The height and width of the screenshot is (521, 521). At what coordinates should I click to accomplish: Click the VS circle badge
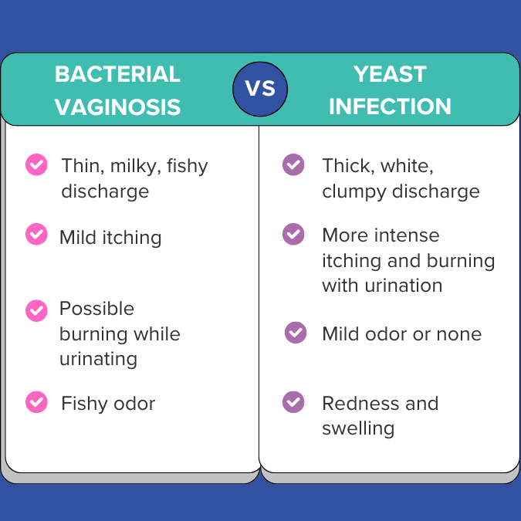click(260, 89)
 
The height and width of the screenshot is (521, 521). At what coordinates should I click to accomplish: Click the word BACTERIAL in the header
click(117, 74)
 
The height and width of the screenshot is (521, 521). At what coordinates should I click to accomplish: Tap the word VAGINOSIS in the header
click(117, 107)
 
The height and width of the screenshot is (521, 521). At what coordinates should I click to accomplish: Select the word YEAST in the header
click(390, 74)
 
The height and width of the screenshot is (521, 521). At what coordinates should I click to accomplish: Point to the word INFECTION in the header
click(390, 107)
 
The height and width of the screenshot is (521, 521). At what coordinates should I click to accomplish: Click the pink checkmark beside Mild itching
click(36, 234)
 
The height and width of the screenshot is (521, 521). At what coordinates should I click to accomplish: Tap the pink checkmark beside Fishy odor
click(36, 402)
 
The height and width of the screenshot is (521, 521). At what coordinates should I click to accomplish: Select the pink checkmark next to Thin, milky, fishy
click(36, 164)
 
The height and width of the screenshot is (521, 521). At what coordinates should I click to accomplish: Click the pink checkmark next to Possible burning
click(36, 311)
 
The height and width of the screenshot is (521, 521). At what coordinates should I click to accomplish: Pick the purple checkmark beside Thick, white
click(293, 164)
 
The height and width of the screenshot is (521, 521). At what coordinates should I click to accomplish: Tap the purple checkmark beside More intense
click(293, 234)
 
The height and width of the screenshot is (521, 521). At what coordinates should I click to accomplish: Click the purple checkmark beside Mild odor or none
click(296, 333)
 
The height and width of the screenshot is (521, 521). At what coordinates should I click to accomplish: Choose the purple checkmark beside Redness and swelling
click(293, 402)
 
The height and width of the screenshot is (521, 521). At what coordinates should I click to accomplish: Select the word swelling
click(358, 428)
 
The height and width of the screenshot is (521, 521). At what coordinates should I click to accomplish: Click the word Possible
click(96, 308)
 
